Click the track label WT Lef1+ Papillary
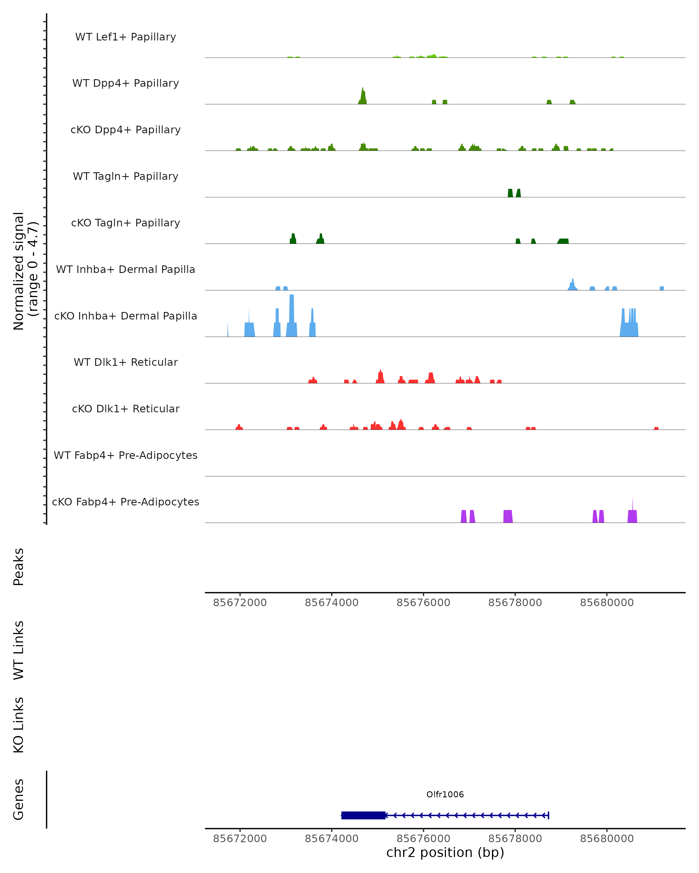point(126,37)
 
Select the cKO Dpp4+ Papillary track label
point(126,130)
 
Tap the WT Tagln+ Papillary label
point(126,177)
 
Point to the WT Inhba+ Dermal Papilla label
point(126,270)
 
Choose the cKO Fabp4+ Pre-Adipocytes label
point(126,502)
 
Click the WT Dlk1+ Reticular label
point(126,362)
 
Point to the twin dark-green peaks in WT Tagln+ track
point(514,193)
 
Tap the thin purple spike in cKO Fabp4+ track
point(633,504)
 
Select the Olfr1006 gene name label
point(445,794)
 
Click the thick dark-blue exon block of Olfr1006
point(363,815)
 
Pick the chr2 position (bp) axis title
point(445,853)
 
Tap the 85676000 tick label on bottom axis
point(423,839)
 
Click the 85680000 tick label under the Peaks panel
point(607,603)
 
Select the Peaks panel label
point(19,567)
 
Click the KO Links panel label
point(19,725)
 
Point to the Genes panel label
point(19,800)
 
